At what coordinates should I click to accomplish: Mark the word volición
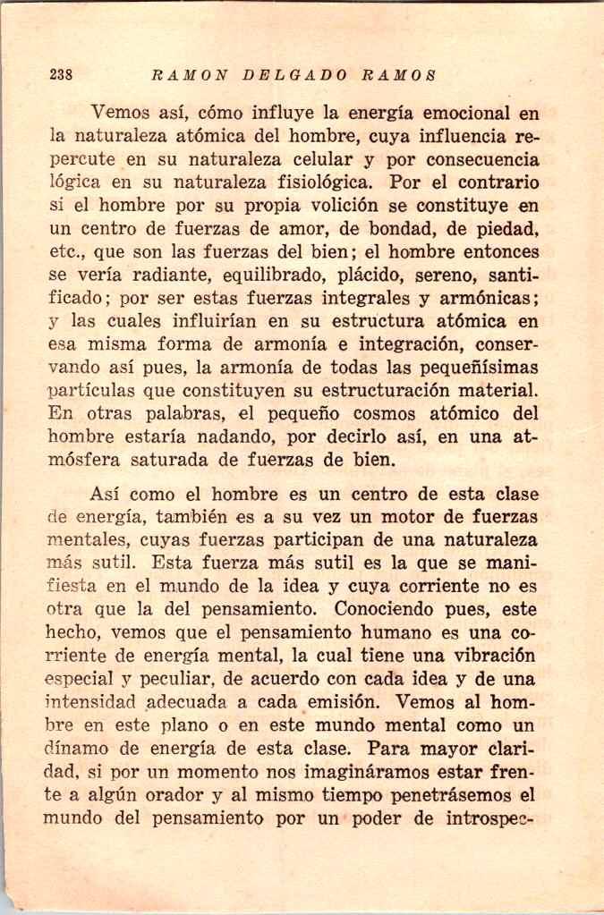pos(328,208)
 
